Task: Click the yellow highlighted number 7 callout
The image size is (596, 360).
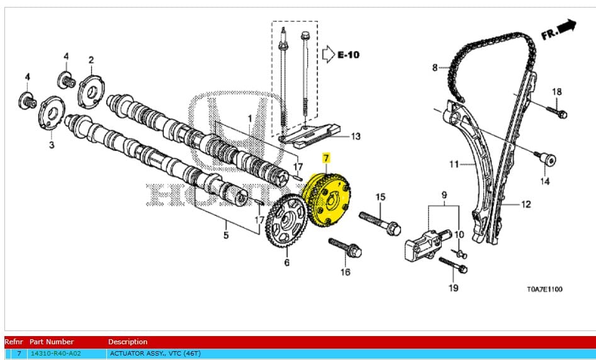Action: tap(325, 157)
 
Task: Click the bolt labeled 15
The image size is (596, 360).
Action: tap(380, 222)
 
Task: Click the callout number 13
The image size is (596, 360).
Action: tap(356, 136)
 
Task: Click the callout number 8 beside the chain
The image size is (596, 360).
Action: tap(434, 67)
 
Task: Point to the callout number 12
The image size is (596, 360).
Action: tap(526, 204)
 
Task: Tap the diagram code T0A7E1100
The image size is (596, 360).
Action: tap(544, 290)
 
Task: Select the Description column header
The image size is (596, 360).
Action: tap(128, 342)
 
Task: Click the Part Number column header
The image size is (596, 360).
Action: tap(52, 342)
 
